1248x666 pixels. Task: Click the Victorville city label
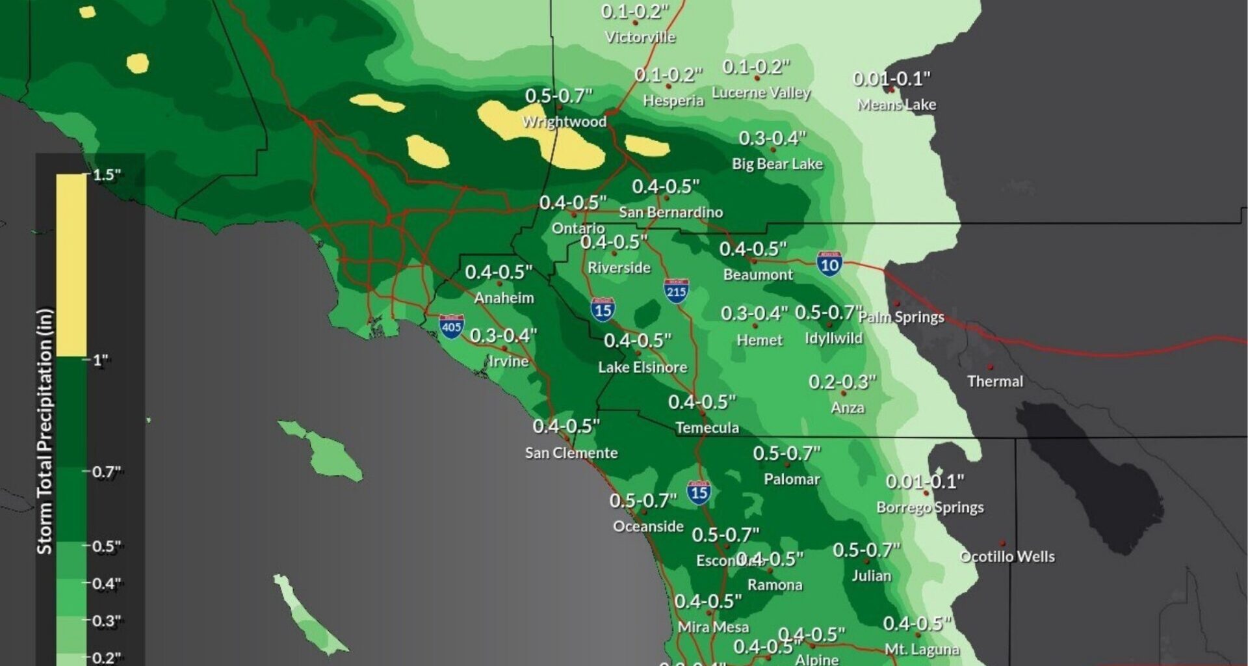[640, 37]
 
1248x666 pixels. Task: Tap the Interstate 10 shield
[829, 263]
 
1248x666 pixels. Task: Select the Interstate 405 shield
[451, 326]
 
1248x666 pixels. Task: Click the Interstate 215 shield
[676, 291]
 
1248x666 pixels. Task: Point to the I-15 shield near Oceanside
[699, 492]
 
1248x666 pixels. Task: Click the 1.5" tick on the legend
[106, 175]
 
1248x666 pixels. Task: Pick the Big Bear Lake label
[777, 164]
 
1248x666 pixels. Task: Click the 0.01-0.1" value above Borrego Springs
[925, 482]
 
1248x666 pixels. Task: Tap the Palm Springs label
[902, 317]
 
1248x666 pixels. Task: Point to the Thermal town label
[994, 382]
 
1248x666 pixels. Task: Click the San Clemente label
[571, 453]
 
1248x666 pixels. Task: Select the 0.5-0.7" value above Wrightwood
[558, 96]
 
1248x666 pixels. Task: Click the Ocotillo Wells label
[1007, 557]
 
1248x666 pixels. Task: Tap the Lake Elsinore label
[642, 367]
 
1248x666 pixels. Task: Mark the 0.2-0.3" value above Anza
[842, 382]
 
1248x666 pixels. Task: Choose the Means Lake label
[896, 105]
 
